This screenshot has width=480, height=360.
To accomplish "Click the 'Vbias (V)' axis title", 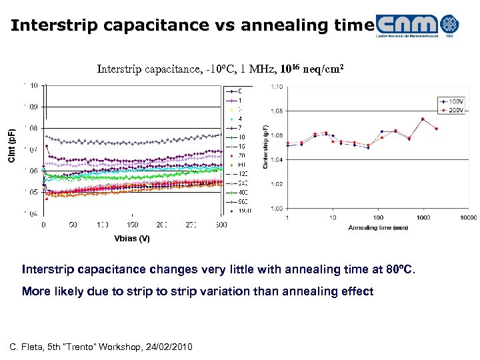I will [x=131, y=238].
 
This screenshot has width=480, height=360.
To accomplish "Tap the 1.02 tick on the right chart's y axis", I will [x=277, y=184].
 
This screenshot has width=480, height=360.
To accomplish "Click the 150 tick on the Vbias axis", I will [x=131, y=225].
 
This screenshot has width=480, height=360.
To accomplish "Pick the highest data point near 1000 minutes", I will [x=423, y=119].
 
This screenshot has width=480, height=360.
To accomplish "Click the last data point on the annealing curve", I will [x=437, y=129].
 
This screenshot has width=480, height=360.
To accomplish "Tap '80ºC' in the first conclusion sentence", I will [x=399, y=270].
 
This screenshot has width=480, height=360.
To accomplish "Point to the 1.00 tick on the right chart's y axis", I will [x=277, y=208].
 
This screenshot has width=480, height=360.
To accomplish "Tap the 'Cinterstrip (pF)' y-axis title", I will [x=265, y=147].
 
